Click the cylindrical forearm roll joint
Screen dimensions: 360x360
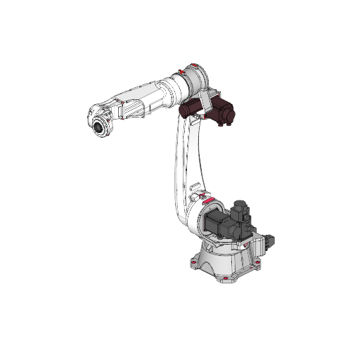click(174, 88)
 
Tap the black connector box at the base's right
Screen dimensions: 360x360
click(270, 241)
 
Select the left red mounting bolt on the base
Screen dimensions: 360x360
click(191, 266)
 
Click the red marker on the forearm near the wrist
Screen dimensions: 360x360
click(124, 103)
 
